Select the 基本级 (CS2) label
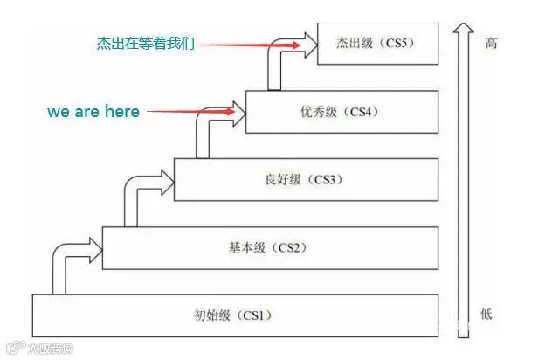click(263, 247)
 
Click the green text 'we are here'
click(93, 112)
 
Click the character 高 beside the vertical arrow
click(491, 43)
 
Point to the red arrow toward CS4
click(192, 112)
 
